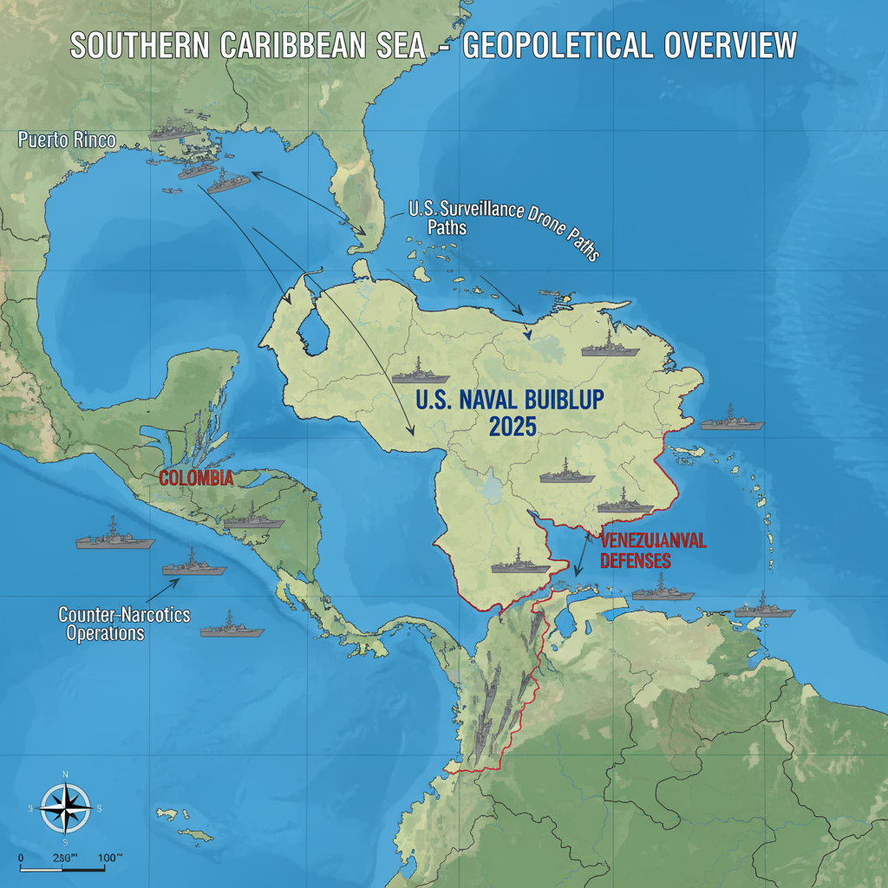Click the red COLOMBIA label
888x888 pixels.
[x=196, y=478]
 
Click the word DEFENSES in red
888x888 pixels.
[x=635, y=561]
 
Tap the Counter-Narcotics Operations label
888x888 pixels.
[x=123, y=624]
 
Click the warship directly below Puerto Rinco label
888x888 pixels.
[x=178, y=134]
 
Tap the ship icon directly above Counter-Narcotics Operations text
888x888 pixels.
[x=194, y=565]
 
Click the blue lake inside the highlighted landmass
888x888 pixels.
[x=312, y=330]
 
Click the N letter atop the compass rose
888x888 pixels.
[x=66, y=774]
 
